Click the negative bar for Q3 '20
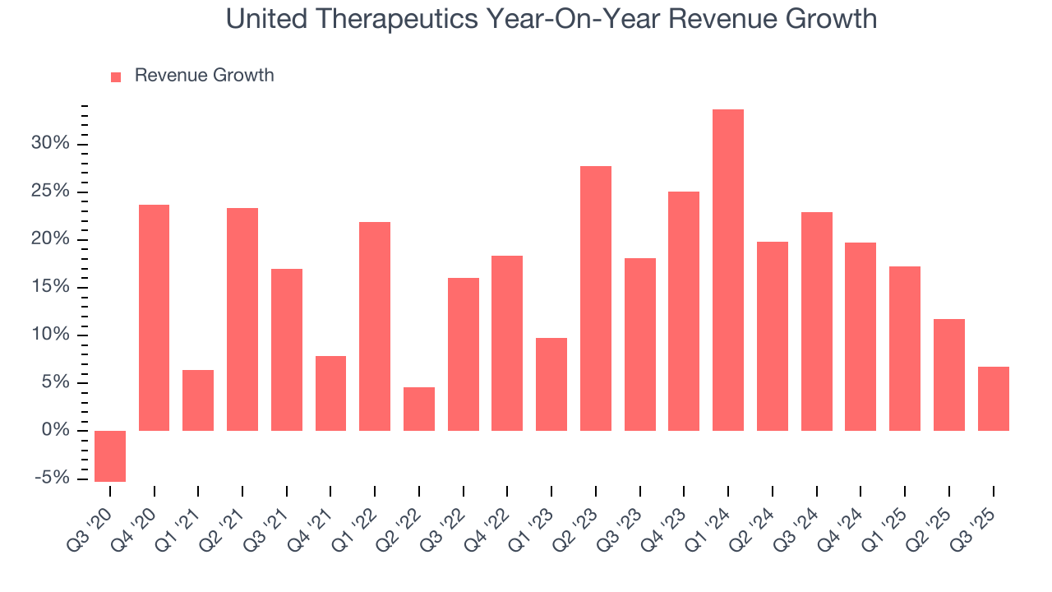coord(110,456)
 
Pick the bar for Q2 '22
coord(419,409)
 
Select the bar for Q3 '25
coord(993,399)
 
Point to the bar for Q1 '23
coord(551,384)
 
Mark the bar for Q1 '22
coord(375,326)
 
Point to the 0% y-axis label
coord(58,431)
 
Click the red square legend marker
coord(116,76)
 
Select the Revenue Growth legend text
coord(204,76)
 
